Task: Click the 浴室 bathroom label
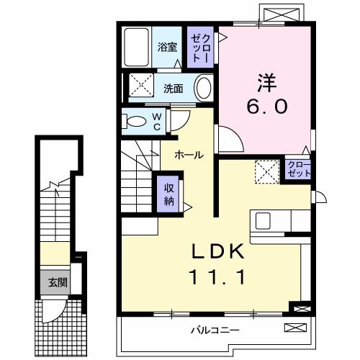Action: (168, 48)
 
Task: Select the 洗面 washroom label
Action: (172, 89)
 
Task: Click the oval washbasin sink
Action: (204, 89)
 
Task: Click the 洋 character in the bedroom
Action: (265, 81)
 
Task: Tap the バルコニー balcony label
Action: (215, 330)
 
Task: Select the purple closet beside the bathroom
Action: (201, 48)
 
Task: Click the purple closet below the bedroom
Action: (295, 171)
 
